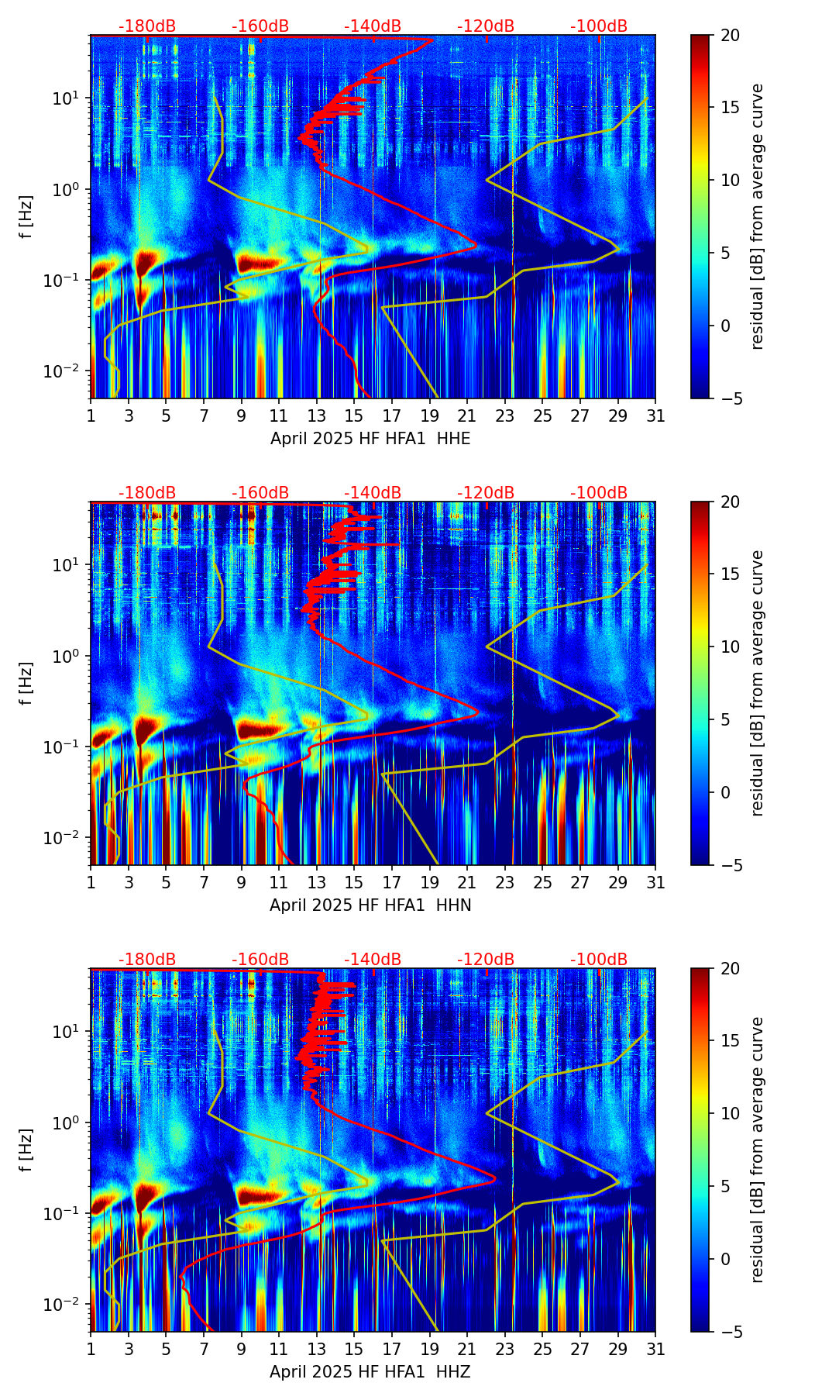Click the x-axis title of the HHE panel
point(370,439)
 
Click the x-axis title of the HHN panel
point(370,905)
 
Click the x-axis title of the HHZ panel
point(370,1372)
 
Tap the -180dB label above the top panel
point(147,27)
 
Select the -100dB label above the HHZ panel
point(599,960)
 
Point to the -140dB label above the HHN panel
point(373,493)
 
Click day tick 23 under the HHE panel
point(505,416)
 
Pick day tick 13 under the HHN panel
point(317,883)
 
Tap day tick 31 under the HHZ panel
point(655,1350)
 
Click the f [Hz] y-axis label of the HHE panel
point(27,217)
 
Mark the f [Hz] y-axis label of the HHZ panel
point(27,1150)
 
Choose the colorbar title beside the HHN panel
point(757,683)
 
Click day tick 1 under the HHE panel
point(91,416)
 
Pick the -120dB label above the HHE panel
point(486,27)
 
